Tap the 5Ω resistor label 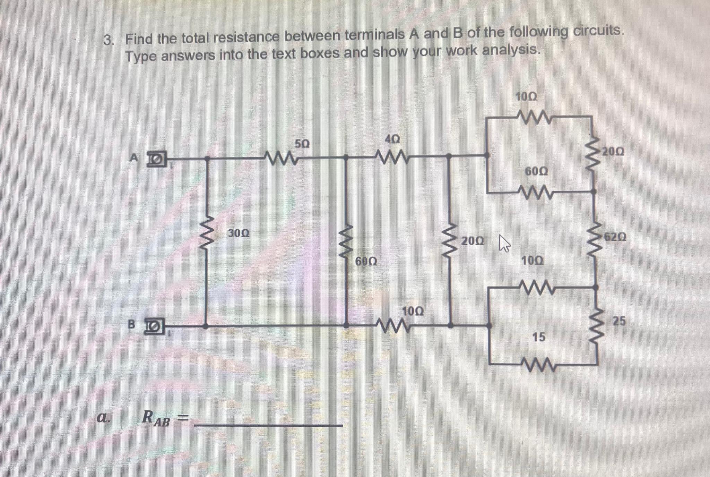(302, 144)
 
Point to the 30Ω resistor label (239, 233)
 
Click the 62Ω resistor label (615, 237)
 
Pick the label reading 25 (619, 321)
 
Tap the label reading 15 (539, 337)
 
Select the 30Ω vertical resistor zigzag (207, 235)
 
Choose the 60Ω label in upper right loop (537, 171)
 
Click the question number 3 (109, 40)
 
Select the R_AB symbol (156, 418)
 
